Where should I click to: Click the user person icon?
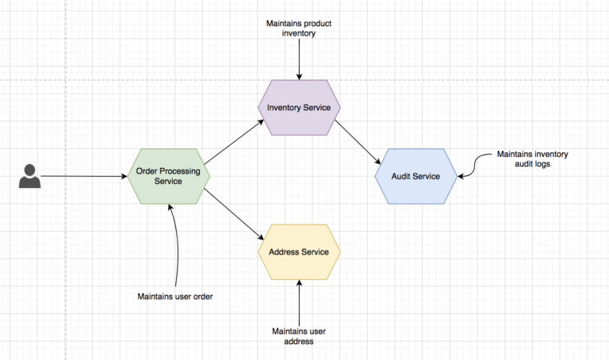coord(29,176)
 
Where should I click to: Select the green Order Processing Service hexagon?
coord(168,176)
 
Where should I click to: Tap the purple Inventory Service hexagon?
coord(299,107)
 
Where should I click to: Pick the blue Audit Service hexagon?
coord(416,176)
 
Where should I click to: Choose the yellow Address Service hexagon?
coord(299,252)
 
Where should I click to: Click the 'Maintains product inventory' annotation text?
coord(299,29)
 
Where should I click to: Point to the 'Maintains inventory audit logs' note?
coord(532,159)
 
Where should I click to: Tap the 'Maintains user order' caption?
coord(176,297)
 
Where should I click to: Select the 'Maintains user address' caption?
coord(299,336)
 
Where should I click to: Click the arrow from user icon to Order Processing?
coord(83,176)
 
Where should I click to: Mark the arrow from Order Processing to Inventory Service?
coord(235,141)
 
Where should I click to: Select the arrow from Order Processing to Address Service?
coord(234,212)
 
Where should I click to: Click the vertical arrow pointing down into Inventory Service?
coord(299,59)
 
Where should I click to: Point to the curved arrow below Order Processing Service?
coord(175,246)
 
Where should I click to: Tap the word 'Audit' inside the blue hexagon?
coord(403,176)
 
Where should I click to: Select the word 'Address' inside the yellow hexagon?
coord(284,252)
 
